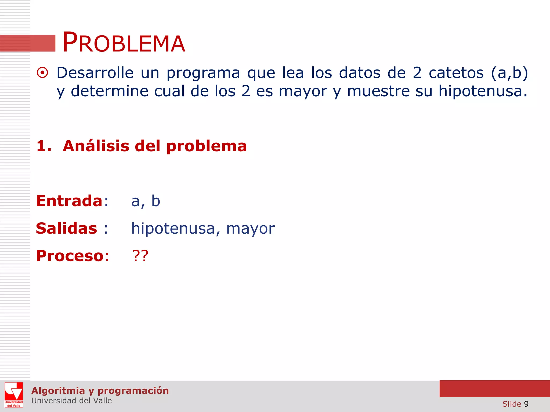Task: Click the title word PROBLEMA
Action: (x=124, y=43)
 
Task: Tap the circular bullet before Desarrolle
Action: (x=42, y=73)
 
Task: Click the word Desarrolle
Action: (x=95, y=73)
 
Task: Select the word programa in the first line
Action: (x=203, y=73)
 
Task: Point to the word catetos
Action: (x=456, y=73)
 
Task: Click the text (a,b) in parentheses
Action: (x=509, y=73)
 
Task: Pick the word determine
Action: (x=109, y=91)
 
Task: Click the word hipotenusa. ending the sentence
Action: (x=483, y=91)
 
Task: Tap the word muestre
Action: (x=378, y=91)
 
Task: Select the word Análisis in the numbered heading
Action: (x=96, y=146)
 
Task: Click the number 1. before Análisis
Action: (x=44, y=146)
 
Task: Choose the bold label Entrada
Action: (x=69, y=201)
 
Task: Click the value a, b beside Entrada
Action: (x=146, y=201)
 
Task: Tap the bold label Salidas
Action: (x=66, y=229)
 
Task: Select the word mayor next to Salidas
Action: (x=250, y=229)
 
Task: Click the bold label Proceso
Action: (x=70, y=256)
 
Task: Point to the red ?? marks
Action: (x=140, y=256)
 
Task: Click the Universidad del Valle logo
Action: (x=14, y=395)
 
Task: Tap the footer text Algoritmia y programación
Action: (x=100, y=391)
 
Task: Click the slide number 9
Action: (x=526, y=404)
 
